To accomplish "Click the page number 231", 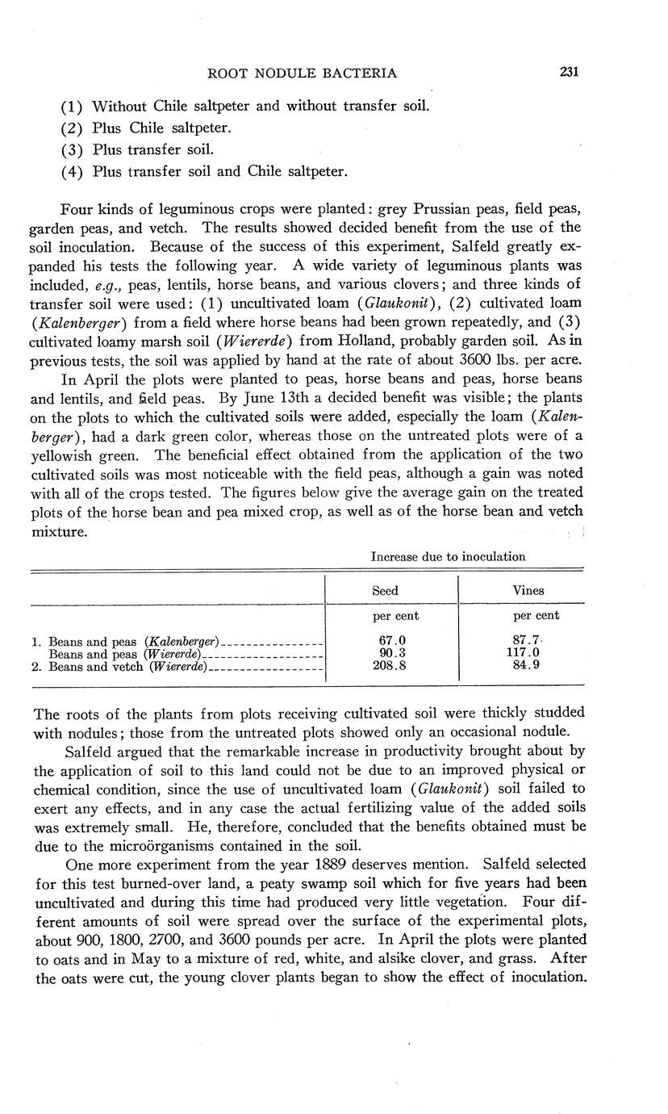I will click(x=569, y=73).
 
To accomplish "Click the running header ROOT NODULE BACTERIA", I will click(x=303, y=73).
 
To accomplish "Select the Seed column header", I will click(x=385, y=591).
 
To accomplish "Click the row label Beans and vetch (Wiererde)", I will click(x=128, y=667).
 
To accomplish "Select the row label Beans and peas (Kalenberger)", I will click(x=135, y=643).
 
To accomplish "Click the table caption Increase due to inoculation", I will click(x=448, y=556).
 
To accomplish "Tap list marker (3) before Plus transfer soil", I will click(x=73, y=150).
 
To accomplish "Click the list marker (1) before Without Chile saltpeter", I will click(x=73, y=107).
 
